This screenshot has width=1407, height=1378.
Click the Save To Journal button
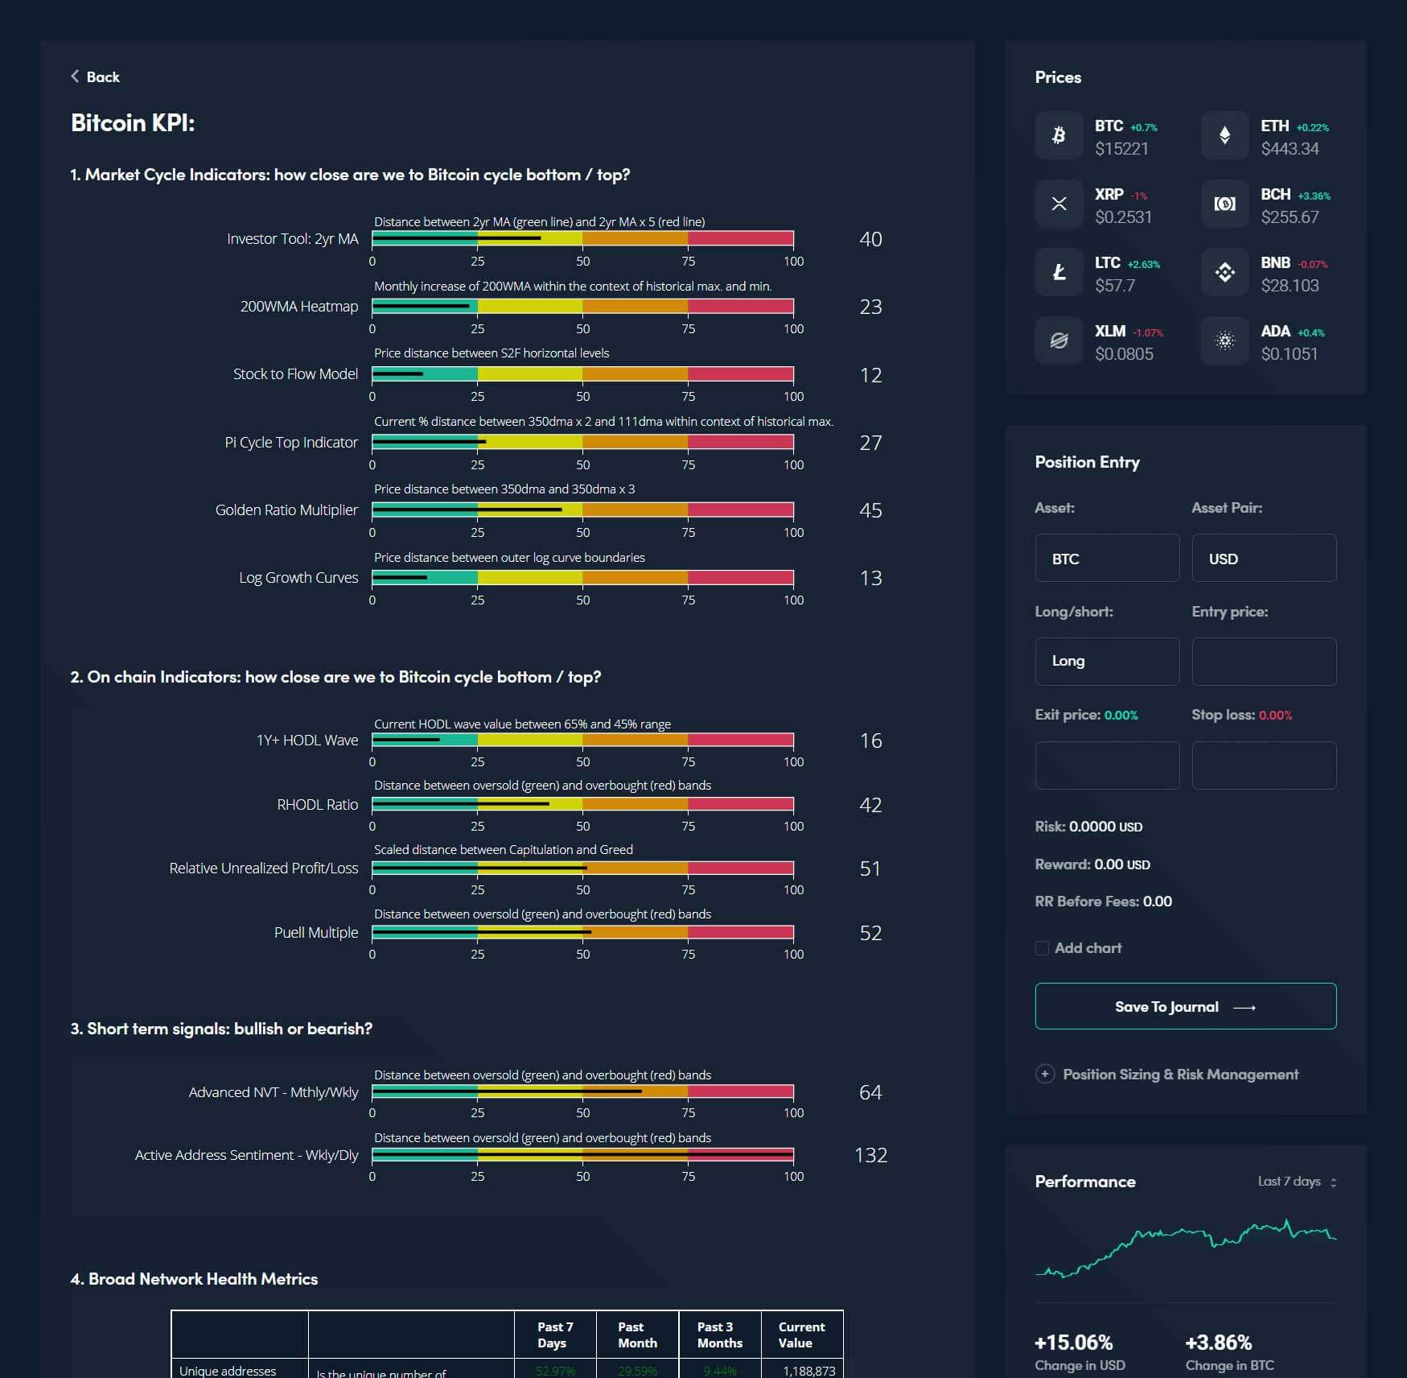1185,1006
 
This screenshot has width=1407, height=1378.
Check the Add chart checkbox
1042,948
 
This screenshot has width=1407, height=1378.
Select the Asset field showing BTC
1107,558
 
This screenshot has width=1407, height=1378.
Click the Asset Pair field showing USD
1263,558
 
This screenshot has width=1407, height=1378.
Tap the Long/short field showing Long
1107,661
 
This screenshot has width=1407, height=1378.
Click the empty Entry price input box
1263,661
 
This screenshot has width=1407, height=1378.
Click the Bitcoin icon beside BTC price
1059,135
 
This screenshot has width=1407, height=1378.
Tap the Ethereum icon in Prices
1224,135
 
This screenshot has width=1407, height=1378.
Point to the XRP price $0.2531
1123,217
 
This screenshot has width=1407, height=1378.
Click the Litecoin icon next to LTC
1059,273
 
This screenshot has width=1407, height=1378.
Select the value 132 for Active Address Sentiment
870,1155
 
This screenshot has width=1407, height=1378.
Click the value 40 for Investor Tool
870,239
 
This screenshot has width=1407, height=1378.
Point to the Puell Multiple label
316,932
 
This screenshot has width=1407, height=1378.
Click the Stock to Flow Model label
295,374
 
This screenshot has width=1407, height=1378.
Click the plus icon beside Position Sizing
1045,1074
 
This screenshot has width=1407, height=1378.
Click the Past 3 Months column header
719,1335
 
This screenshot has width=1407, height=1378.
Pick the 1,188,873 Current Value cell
808,1371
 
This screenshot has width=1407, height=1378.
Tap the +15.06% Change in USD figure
1073,1343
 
